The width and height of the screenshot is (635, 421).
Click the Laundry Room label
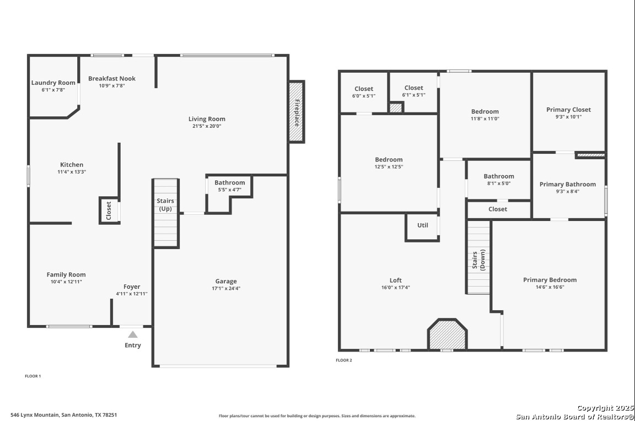pos(53,83)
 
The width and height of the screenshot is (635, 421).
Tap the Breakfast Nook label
pos(112,79)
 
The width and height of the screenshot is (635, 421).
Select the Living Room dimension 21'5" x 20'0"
pos(207,126)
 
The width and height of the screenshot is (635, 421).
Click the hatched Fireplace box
pos(297,112)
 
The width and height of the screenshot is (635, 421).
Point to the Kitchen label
pos(72,165)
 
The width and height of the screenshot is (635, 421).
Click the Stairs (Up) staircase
pos(165,213)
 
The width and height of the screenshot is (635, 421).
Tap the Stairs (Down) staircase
pos(478,257)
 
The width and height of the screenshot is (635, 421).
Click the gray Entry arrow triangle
pos(133,334)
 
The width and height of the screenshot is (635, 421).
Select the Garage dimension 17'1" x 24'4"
pos(226,289)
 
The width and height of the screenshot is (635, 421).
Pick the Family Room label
pos(66,274)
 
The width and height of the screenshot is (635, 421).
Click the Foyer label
pos(132,287)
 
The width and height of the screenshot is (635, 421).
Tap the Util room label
pos(422,225)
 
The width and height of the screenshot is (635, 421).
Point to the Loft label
pos(396,280)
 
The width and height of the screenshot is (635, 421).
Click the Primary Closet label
pos(569,110)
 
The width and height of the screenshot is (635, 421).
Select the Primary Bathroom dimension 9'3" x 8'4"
pos(568,192)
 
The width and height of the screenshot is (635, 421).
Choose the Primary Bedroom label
pos(550,280)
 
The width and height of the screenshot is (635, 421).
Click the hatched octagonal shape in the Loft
pos(448,334)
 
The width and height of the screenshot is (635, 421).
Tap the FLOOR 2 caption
pos(344,360)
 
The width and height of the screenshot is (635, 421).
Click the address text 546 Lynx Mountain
pos(35,415)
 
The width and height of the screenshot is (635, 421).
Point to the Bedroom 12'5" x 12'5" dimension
pos(389,167)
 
